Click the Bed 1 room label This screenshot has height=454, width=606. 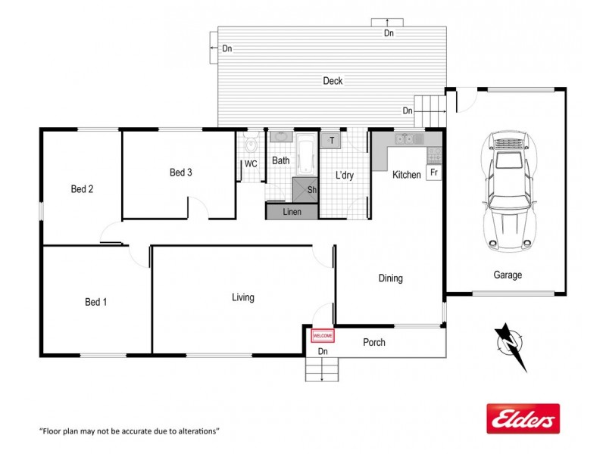point(95,303)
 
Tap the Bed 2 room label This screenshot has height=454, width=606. point(82,189)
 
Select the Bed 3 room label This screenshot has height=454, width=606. point(180,173)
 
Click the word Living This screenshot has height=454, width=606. point(242,297)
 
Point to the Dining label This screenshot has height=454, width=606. point(390,278)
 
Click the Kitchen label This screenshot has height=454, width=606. point(406,175)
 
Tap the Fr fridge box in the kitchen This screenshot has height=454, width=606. point(434,173)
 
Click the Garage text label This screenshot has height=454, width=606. point(508,275)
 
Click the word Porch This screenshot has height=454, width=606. point(374,342)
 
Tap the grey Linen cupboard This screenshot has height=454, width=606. point(292,212)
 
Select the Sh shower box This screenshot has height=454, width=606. point(311,190)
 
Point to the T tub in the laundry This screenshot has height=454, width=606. point(332,140)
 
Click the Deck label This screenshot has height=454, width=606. point(333,81)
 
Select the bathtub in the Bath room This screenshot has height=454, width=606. point(306,155)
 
